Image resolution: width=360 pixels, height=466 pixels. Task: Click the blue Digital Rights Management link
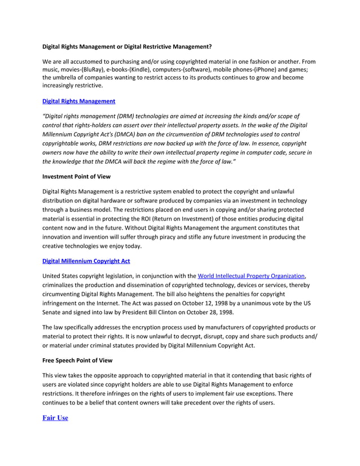[79, 101]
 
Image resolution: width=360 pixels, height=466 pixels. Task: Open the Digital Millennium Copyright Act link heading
[87, 261]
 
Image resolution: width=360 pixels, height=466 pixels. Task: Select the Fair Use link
[55, 417]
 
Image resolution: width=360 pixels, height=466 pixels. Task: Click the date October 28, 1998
[209, 312]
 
